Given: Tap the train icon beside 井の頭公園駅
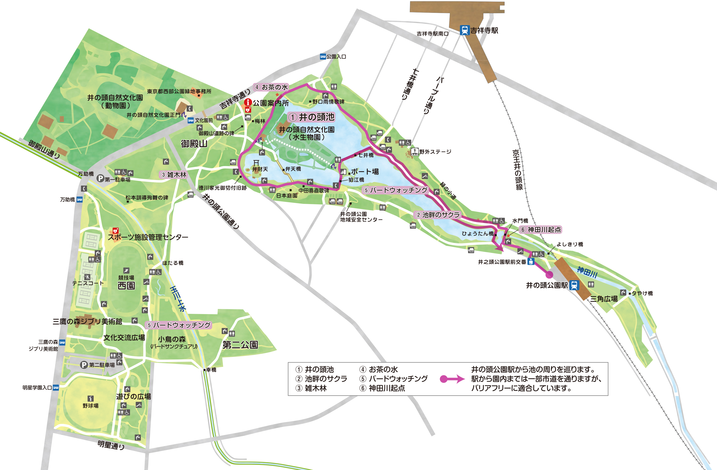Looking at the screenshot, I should click(574, 285).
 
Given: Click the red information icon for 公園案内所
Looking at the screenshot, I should click(248, 102).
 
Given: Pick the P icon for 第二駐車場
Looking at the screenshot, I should click(84, 365).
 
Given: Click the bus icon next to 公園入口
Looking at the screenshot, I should click(323, 56).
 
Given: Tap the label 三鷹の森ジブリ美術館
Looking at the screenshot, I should click(87, 321).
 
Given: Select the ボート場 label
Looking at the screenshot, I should click(364, 171).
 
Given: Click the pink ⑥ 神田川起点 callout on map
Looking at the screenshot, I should click(540, 230).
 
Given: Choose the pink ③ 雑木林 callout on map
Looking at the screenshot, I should click(174, 174).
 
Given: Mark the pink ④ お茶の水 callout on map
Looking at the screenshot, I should click(271, 87).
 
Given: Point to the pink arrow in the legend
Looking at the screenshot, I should click(452, 379).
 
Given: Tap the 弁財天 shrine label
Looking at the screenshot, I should click(260, 169).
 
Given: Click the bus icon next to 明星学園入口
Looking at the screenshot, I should click(56, 388).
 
